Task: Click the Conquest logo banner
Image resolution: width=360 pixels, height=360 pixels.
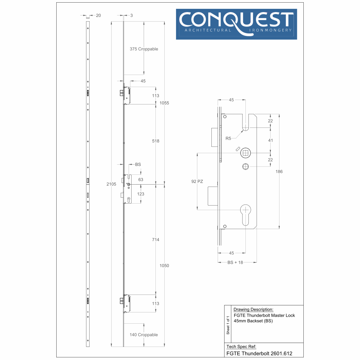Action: coord(237,24)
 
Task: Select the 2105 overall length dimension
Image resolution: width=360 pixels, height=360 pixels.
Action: coord(111,184)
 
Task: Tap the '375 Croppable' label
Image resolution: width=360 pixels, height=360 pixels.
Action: coord(144,49)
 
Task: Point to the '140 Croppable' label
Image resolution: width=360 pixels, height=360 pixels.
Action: coord(144,335)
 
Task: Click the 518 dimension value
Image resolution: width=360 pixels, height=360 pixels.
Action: coord(156,141)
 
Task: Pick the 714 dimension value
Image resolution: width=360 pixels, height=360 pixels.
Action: coord(156,240)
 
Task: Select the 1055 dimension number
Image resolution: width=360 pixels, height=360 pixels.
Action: coord(164,103)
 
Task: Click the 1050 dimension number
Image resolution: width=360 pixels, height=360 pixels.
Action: coord(164,266)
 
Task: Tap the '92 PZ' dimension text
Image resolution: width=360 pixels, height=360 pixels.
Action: coord(197,181)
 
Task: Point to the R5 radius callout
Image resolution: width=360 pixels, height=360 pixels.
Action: coord(228,138)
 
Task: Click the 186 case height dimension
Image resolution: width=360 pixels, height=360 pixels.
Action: coord(279,171)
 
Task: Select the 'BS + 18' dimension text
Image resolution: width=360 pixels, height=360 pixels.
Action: coord(235,262)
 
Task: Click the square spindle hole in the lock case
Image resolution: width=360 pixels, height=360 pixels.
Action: coord(245,153)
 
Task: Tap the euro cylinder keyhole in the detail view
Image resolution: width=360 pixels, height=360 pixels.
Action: coord(245,215)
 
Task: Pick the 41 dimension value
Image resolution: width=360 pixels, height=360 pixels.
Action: coord(271,140)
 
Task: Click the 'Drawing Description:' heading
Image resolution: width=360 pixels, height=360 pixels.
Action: coord(253,310)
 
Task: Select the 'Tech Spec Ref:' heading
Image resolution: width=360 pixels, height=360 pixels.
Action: coord(241,347)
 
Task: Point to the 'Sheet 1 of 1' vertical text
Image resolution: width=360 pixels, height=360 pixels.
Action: coord(228,325)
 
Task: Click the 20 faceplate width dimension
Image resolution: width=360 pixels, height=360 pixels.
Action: coord(99,15)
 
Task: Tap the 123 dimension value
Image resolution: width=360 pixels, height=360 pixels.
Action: coord(141,194)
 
